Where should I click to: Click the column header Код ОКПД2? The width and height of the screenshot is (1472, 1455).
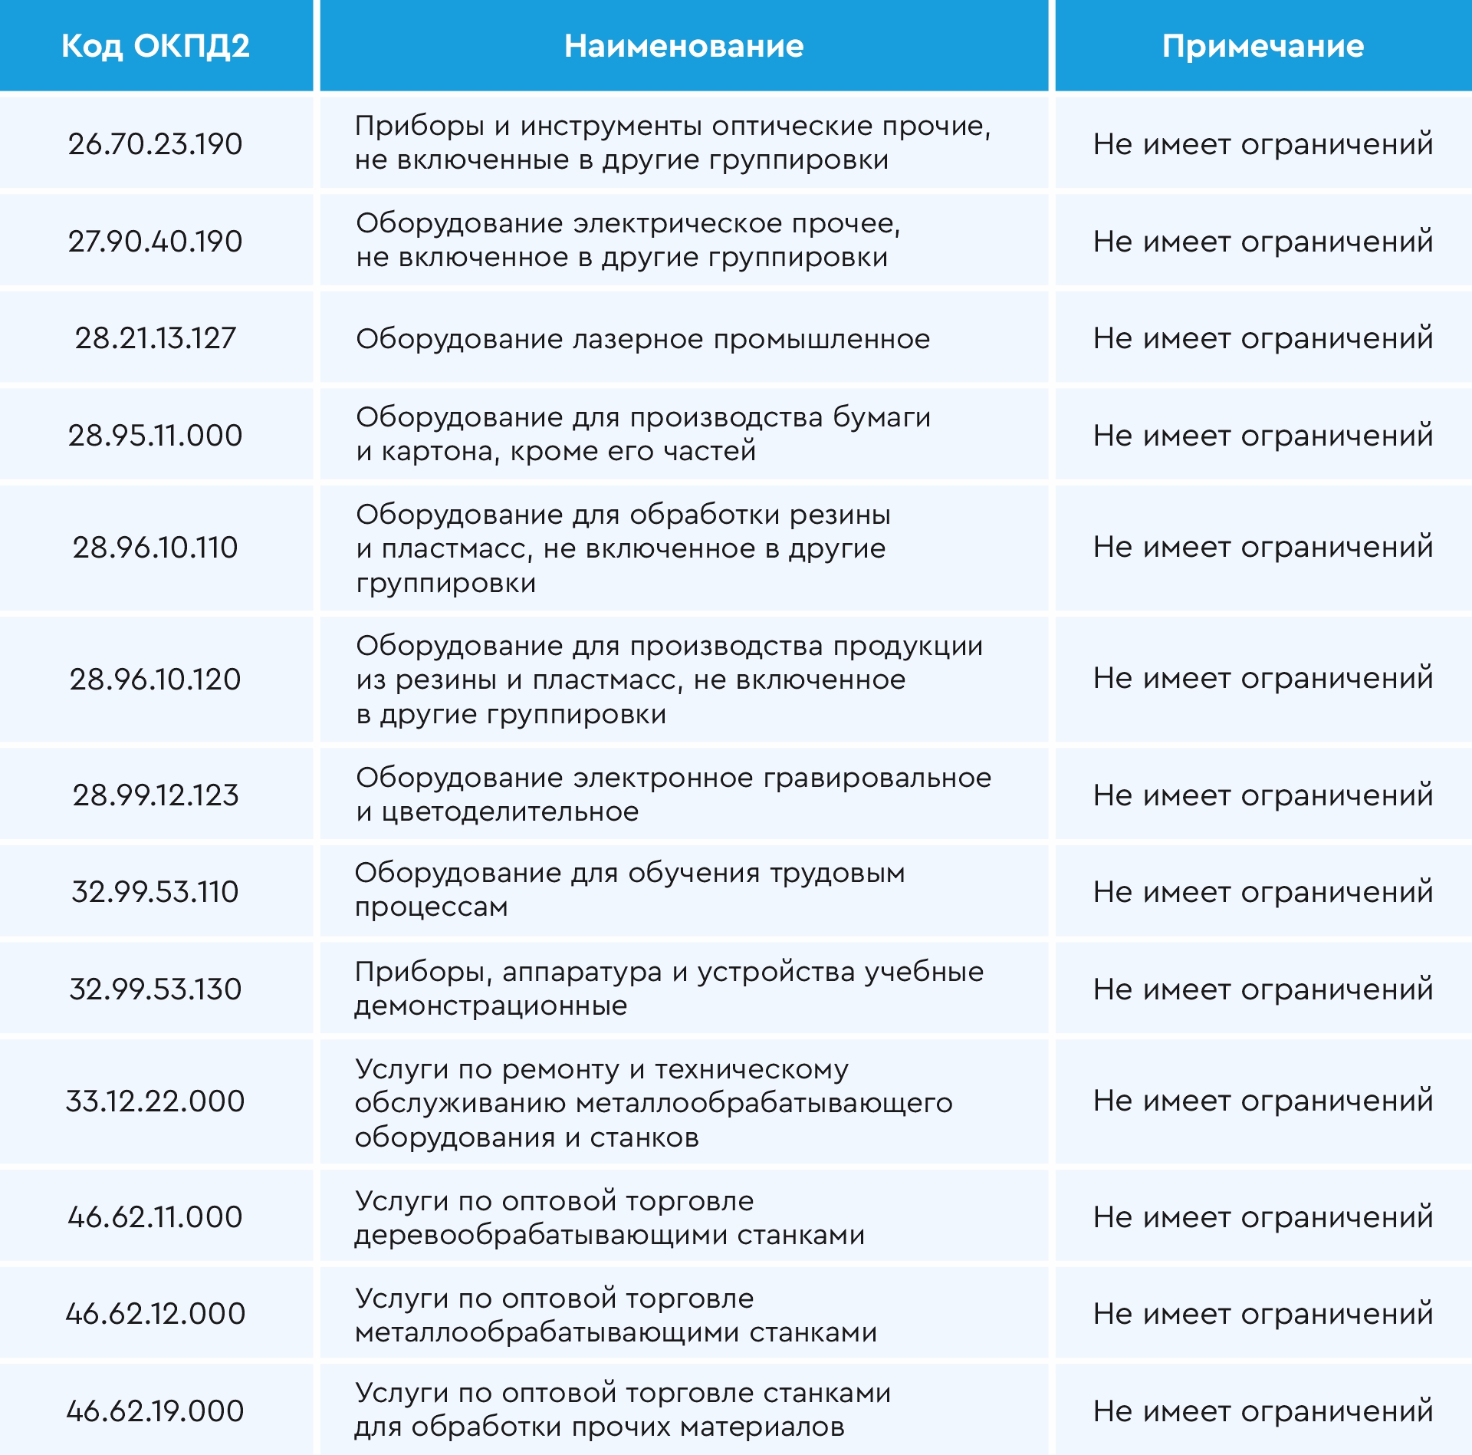[x=156, y=47]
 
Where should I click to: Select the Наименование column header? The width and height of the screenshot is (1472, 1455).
[x=684, y=47]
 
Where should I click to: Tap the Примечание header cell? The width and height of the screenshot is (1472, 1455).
[x=1263, y=47]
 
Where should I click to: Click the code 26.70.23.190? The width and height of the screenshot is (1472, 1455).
[x=156, y=144]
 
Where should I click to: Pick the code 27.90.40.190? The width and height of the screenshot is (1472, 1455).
[x=156, y=242]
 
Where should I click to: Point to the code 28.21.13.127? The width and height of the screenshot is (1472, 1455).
[x=156, y=338]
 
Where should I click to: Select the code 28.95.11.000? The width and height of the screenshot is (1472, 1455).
[x=156, y=436]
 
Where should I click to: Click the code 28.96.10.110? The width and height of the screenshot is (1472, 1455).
[x=156, y=548]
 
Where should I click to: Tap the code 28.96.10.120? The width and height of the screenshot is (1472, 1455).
[x=156, y=680]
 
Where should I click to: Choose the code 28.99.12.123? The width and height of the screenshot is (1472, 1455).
[x=156, y=795]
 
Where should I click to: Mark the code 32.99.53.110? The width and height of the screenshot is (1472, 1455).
[x=156, y=892]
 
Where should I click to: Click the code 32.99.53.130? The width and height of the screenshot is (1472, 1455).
[x=156, y=989]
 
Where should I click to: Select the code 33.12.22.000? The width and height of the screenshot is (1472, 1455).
[x=156, y=1101]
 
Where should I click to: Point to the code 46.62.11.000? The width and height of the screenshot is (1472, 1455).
[x=156, y=1217]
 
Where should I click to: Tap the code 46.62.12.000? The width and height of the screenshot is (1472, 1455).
[x=156, y=1314]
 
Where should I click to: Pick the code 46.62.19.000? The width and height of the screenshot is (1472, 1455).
[x=156, y=1411]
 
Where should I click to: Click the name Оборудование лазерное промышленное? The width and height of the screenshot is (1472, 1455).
[x=642, y=339]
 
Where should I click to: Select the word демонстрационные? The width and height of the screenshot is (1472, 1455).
[x=491, y=1006]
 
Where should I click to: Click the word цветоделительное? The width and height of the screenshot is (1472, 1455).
[x=510, y=811]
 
